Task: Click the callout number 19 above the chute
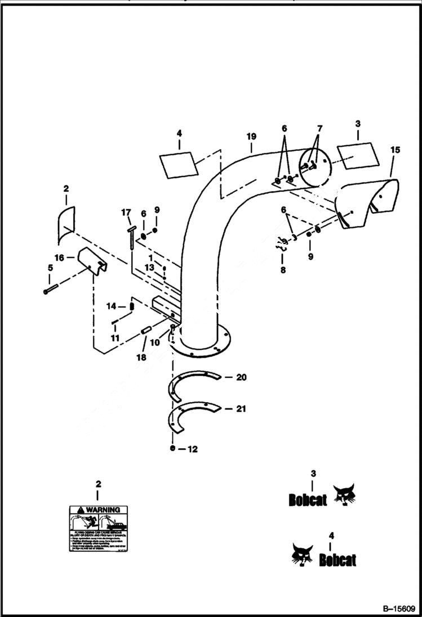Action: point(251,137)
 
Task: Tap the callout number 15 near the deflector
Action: point(394,150)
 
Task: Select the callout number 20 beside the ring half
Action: point(241,377)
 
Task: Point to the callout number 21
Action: point(241,409)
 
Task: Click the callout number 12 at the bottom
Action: point(193,449)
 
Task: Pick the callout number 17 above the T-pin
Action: point(126,213)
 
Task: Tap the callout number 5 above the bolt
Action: point(50,268)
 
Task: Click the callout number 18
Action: point(141,357)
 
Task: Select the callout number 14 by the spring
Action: point(112,306)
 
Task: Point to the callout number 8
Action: point(283,270)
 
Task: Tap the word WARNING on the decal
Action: point(104,510)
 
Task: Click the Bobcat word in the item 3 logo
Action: point(308,500)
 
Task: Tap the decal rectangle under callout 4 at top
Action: point(179,164)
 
